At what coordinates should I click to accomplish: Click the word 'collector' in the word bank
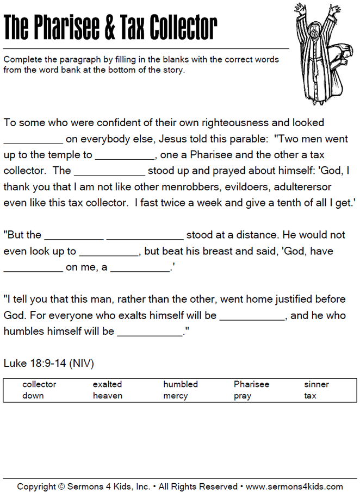[39, 384]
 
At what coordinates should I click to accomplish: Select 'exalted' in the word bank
[107, 384]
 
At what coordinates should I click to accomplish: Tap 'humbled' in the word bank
[181, 384]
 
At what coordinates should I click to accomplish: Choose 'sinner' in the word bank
[316, 384]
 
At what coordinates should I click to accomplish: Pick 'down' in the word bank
[33, 396]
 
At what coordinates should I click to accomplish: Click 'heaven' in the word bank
[108, 396]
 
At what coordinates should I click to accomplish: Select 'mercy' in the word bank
[176, 396]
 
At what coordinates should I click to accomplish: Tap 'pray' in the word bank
[243, 396]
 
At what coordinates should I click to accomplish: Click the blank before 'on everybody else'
[33, 139]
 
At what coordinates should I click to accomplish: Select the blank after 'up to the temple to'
[125, 155]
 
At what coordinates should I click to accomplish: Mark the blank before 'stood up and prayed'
[109, 171]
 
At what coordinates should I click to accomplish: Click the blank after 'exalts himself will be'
[252, 316]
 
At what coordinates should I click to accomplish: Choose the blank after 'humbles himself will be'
[150, 332]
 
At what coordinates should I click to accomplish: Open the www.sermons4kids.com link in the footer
[294, 486]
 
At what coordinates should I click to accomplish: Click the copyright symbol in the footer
[61, 486]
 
